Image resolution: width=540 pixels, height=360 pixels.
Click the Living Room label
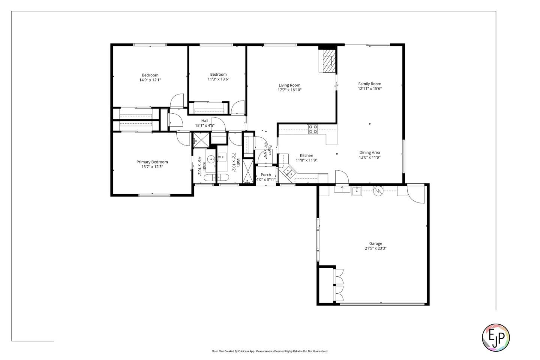coord(289,85)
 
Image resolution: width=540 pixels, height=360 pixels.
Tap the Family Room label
coord(369,84)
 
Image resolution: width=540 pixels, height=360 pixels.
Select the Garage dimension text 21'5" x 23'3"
coord(375,248)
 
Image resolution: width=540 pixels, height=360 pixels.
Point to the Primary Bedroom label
coord(152,162)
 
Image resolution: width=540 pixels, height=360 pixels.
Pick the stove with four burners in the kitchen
coord(313,129)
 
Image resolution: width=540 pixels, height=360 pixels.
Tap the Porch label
coord(265,175)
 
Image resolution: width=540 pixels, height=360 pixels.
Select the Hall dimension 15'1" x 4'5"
coord(205,126)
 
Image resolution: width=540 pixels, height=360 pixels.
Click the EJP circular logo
coord(495,337)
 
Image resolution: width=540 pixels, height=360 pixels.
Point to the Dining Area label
coord(369,153)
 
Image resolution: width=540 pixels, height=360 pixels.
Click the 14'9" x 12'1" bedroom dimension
coord(150,80)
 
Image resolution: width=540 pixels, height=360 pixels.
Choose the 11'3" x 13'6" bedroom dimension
coord(218,79)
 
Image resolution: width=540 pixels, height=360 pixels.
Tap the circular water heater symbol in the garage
coord(378,191)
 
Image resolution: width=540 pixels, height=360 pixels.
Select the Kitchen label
coord(306,156)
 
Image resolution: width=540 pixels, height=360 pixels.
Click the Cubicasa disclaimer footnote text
coord(270,351)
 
